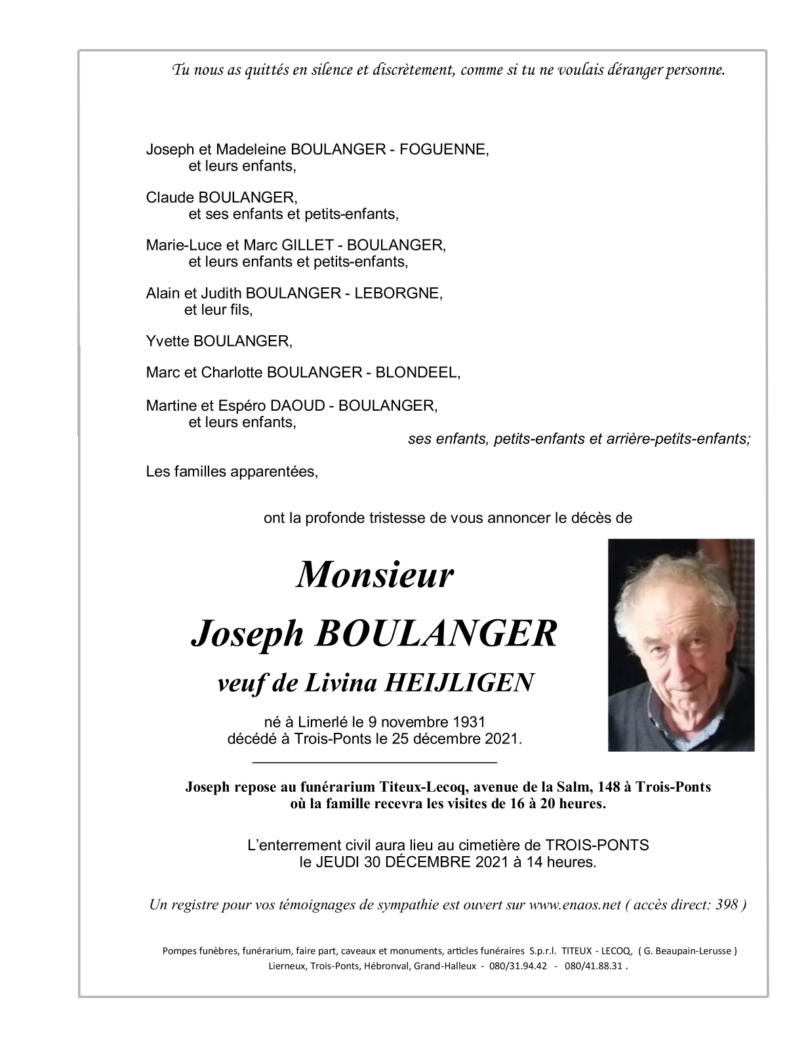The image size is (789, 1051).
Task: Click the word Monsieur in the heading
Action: [x=374, y=575]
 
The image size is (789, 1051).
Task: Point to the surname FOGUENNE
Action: [x=446, y=150]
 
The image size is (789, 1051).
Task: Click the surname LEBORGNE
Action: [x=398, y=293]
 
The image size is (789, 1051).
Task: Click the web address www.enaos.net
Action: [x=575, y=905]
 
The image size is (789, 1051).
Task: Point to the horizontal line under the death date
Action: [x=374, y=762]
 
